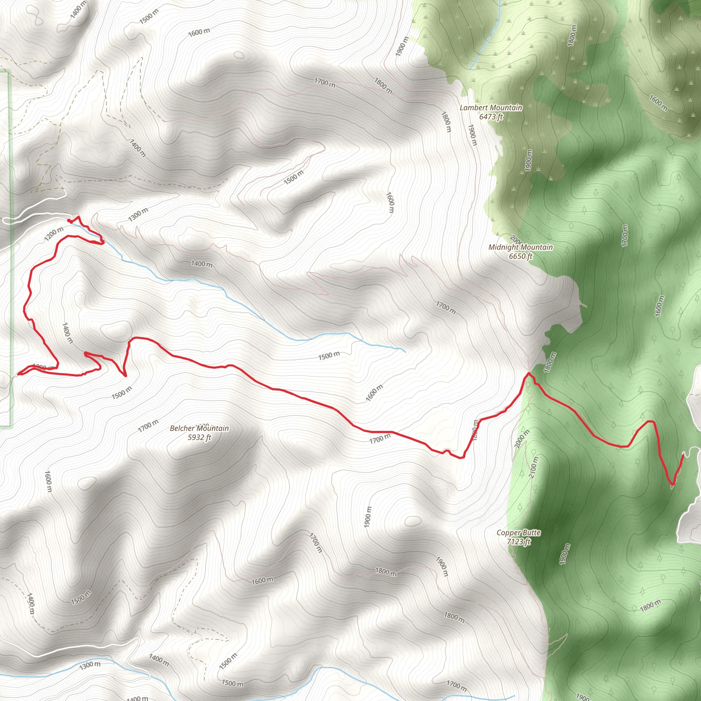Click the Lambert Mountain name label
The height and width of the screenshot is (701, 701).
(491, 108)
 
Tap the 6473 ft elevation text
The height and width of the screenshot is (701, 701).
(491, 117)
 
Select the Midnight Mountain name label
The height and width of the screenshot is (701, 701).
(521, 247)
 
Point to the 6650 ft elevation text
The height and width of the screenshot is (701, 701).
(521, 256)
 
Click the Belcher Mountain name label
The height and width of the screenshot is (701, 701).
(199, 429)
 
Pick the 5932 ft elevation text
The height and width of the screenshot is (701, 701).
(199, 437)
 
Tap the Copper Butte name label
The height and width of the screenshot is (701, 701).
(519, 533)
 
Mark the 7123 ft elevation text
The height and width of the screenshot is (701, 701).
(519, 542)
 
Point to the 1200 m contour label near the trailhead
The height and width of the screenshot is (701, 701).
(54, 234)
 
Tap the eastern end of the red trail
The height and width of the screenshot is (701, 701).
(683, 456)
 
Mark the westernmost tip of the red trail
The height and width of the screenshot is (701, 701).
(18, 374)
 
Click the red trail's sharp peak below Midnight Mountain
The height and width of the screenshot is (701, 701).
(528, 373)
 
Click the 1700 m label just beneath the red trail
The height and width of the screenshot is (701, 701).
(380, 439)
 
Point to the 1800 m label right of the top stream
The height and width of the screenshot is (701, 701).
(572, 36)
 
